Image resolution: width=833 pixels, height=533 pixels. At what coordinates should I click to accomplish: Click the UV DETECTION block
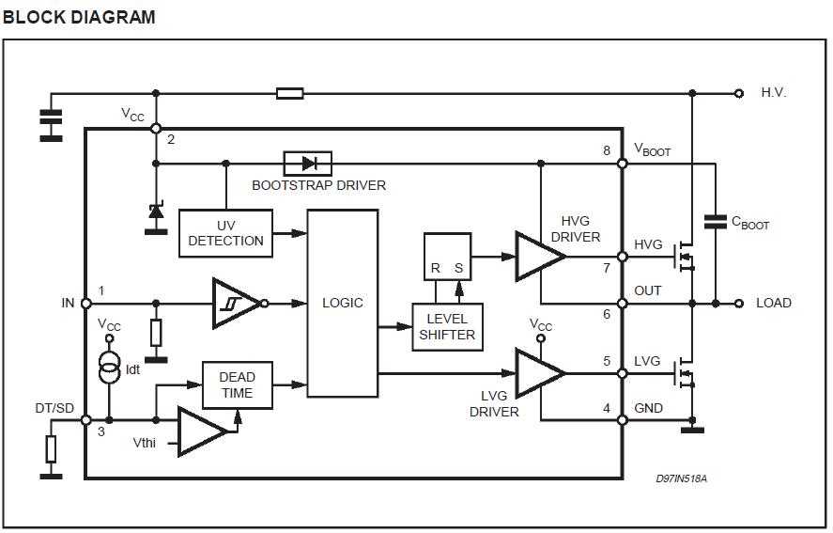[x=225, y=233]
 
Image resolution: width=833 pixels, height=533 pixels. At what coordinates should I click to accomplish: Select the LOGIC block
[x=342, y=303]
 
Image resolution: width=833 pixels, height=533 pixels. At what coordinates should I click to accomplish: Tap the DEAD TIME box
[x=238, y=384]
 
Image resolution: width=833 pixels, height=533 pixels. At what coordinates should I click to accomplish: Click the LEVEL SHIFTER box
[x=447, y=326]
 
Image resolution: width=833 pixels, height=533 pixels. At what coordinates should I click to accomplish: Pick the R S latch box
[x=447, y=256]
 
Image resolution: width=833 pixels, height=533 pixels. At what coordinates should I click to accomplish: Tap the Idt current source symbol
[x=110, y=366]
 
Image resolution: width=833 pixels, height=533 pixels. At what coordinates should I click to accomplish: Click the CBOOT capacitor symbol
[x=716, y=222]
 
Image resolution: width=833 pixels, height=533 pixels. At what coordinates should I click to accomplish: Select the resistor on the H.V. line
[x=290, y=93]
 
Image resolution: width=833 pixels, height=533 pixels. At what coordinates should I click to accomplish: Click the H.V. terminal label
[x=774, y=93]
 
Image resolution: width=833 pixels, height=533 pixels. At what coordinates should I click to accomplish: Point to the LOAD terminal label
[x=774, y=303]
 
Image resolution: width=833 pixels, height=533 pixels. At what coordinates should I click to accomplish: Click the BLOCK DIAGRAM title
[x=80, y=17]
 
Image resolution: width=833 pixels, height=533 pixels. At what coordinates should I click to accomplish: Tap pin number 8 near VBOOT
[x=608, y=150]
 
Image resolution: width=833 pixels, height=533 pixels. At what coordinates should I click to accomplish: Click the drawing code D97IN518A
[x=681, y=479]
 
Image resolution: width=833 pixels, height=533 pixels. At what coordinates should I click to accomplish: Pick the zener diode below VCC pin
[x=156, y=215]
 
